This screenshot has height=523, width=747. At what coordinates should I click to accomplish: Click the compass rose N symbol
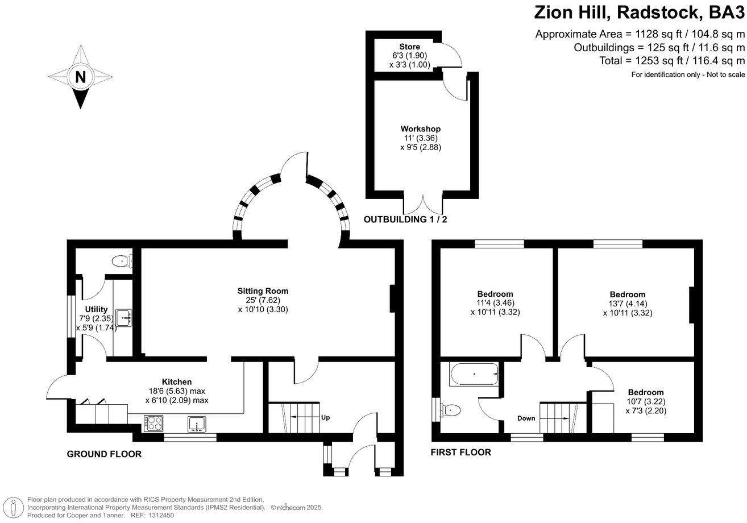pos(80,77)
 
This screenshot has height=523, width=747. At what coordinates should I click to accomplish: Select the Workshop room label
pos(420,129)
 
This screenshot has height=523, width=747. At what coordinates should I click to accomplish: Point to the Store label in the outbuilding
pos(409,47)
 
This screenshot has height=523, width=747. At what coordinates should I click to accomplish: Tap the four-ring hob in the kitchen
pos(154,423)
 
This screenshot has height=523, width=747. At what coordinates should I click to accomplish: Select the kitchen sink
pos(197,424)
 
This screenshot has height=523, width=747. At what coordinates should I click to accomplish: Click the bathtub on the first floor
pos(474,375)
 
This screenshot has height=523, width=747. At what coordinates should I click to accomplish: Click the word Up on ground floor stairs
pos(326,417)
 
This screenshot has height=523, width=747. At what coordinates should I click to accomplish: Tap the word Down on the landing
pos(526,418)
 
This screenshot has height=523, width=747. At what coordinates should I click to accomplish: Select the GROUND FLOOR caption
pos(104,454)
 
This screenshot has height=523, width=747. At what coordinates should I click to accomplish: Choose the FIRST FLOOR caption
pos(461,453)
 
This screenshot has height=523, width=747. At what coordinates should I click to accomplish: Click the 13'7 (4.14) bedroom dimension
pos(628,304)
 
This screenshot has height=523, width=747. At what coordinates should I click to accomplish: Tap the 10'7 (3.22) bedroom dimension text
pos(645,401)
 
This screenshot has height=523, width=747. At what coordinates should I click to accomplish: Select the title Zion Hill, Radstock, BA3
pos(639,12)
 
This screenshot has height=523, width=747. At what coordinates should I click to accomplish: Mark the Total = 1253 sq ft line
pos(672,61)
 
